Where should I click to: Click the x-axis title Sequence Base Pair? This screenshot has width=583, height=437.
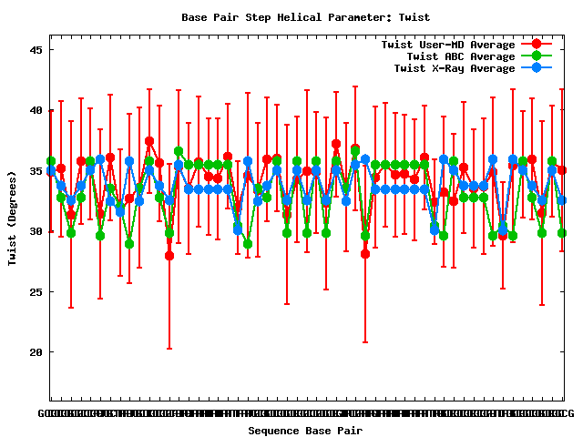coord(305,431)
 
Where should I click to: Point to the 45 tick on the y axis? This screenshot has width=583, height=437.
coord(36,50)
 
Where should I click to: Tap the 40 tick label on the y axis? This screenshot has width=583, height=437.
coord(36,110)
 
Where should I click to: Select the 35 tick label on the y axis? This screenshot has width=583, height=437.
coord(36,171)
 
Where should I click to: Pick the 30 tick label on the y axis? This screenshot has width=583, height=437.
coord(36,231)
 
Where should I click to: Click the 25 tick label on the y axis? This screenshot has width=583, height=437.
coord(36,292)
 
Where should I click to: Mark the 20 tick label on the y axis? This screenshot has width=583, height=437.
coord(36,352)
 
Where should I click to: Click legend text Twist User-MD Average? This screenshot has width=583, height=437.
coord(447,45)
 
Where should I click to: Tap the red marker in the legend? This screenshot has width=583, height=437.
coord(537,45)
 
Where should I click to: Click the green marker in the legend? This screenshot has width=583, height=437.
coord(537,56)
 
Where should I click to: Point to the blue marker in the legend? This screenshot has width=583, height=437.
coord(537,68)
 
